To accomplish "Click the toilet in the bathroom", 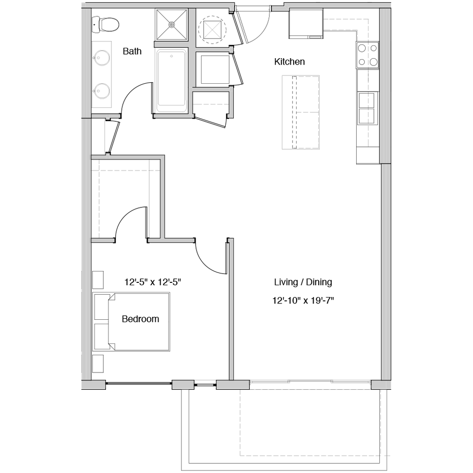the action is click(x=105, y=25).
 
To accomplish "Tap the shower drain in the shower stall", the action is click(x=171, y=25).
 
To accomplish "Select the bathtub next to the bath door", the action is click(x=171, y=80).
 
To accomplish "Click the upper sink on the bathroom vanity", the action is click(x=101, y=57).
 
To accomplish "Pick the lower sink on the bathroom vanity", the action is click(x=101, y=91).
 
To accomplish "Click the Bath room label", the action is click(x=132, y=51).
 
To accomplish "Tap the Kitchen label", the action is click(x=290, y=62).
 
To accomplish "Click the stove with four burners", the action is click(x=368, y=55).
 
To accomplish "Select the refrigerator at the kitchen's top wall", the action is click(x=306, y=24).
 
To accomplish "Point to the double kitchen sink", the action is click(x=367, y=108).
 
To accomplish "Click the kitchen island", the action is click(x=301, y=112).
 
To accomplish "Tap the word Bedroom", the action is click(x=140, y=319).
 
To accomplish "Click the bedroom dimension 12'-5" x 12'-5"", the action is click(x=153, y=282).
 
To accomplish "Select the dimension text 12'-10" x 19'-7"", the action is click(x=303, y=301).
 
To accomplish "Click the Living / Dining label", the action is click(x=303, y=282).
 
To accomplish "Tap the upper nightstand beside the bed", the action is click(x=98, y=280).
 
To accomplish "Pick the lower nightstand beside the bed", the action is click(x=98, y=364).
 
